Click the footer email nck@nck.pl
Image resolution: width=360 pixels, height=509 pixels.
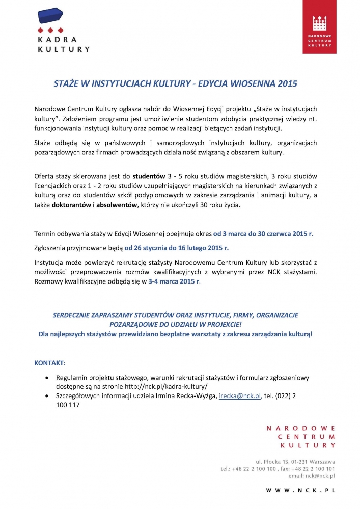point(318,475)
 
